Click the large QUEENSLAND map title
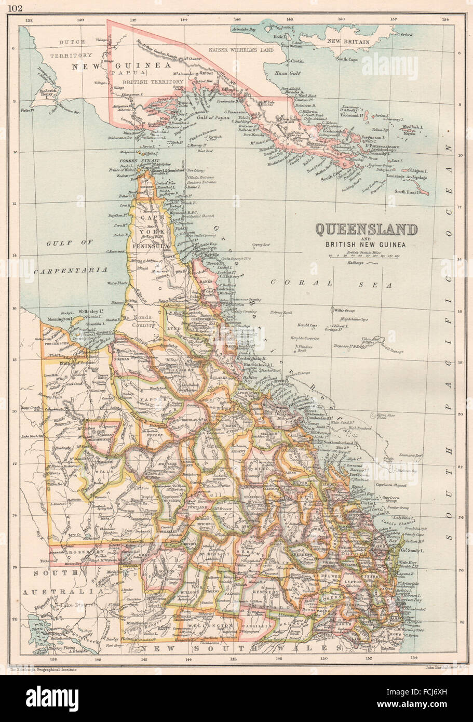point(367,229)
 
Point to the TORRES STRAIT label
point(130,161)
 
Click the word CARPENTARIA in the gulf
point(70,270)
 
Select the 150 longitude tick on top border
point(341,20)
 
